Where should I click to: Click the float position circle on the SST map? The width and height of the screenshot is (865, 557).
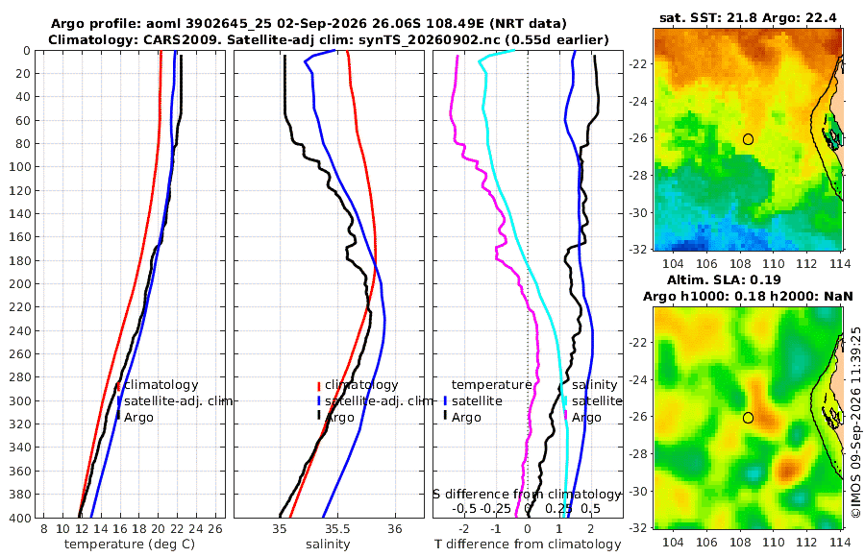[x=748, y=139]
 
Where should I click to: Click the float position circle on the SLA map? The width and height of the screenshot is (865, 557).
[x=748, y=418]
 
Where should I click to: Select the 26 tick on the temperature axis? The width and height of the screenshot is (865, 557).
[x=215, y=529]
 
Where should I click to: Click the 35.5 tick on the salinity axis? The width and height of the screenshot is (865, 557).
[x=336, y=529]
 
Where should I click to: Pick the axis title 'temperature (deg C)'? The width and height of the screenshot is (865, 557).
[x=130, y=545]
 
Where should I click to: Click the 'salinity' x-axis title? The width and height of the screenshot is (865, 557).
[x=328, y=545]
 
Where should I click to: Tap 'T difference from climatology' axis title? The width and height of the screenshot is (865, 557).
[x=528, y=545]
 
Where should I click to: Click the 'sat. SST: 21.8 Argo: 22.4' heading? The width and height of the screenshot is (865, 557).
[x=748, y=17]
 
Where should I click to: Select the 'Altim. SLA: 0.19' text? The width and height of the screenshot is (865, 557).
[x=724, y=279]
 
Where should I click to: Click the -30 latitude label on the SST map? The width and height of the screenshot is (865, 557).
[x=638, y=212]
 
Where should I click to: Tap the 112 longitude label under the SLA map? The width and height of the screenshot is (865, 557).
[x=807, y=542]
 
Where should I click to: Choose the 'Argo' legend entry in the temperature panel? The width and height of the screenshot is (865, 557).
[x=138, y=418]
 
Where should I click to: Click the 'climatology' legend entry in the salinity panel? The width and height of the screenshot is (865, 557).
[x=361, y=385]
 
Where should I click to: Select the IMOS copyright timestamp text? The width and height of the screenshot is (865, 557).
[x=856, y=422]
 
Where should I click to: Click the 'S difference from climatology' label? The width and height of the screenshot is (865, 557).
[x=527, y=494]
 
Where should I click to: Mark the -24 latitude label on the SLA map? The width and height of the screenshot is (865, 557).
[x=638, y=380]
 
